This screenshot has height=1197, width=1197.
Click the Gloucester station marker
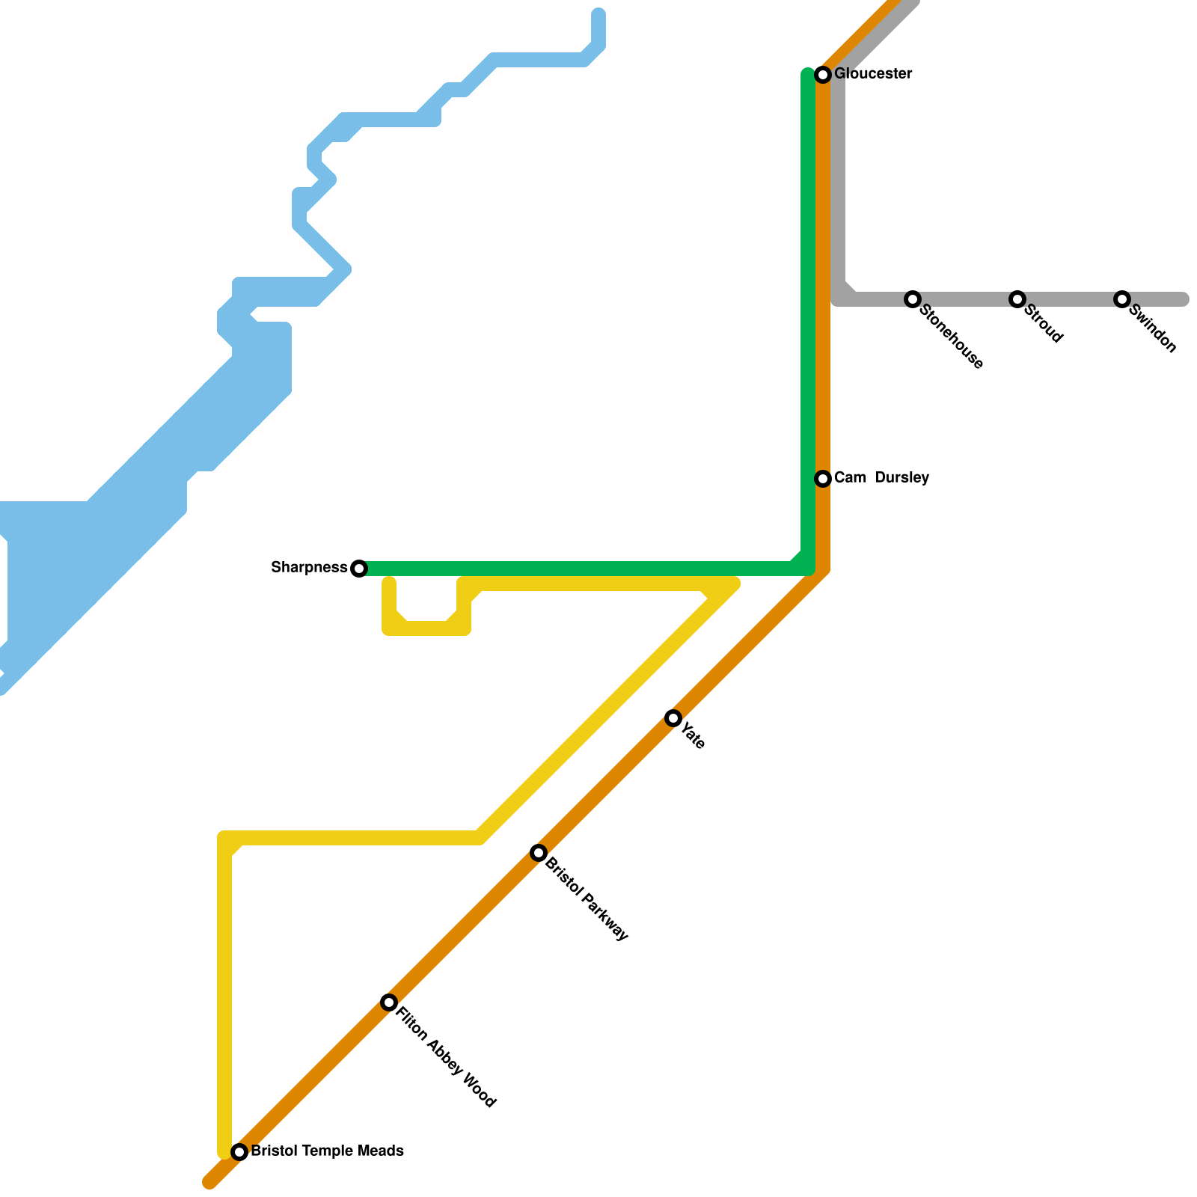823,74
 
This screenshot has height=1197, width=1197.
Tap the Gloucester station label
873,74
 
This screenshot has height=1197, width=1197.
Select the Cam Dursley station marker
823,478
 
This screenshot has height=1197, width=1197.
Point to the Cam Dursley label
881,477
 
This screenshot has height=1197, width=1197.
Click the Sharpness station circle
359,569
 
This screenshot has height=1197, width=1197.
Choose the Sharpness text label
309,568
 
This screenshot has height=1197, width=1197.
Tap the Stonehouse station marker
912,299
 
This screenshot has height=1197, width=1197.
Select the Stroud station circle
1017,299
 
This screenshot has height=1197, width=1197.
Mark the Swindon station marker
1121,299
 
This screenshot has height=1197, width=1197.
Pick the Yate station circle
673,718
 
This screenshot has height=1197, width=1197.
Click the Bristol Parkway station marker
539,853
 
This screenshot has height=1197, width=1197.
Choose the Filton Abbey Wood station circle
388,1002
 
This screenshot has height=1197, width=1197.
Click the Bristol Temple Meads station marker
239,1151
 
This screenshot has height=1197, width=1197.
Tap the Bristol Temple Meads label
327,1151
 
